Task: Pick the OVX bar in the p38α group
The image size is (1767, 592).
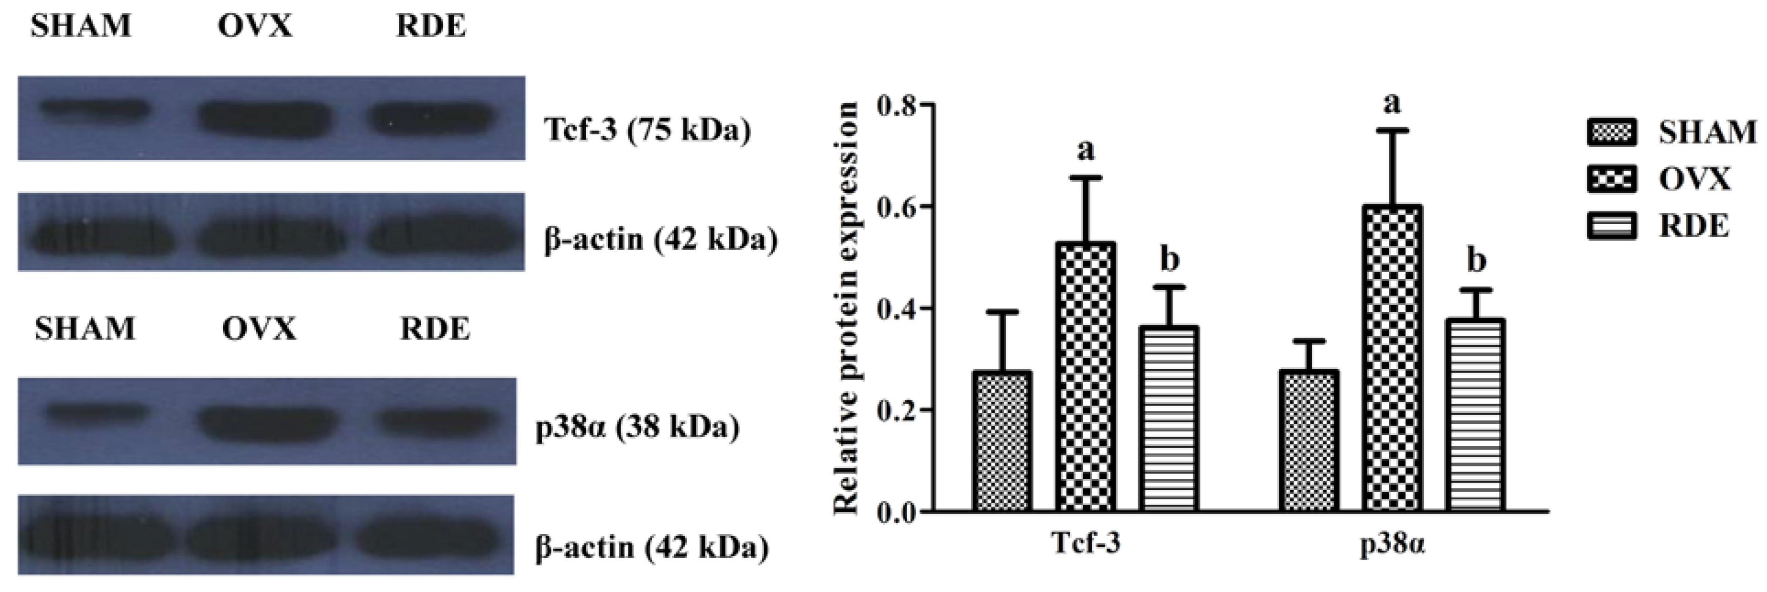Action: [1393, 357]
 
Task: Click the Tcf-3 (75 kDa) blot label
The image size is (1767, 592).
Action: [647, 130]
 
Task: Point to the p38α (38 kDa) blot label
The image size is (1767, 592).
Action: [637, 427]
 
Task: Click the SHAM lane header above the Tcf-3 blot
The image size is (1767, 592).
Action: [81, 26]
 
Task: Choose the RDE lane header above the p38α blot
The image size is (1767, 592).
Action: [435, 329]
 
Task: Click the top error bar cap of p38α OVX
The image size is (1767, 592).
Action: [1393, 130]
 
